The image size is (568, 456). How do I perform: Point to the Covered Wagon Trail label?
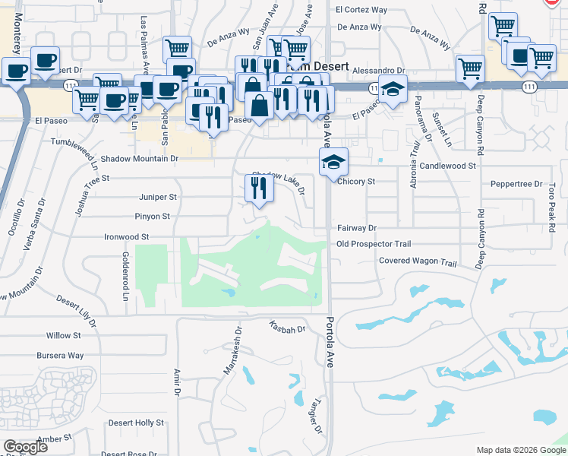418,263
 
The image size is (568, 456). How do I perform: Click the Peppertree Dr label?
516,184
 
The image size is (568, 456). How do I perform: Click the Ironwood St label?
126,237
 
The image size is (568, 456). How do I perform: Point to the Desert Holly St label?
136,423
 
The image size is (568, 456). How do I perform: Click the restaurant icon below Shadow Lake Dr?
259,187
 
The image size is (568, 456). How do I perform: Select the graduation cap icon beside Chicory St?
333,162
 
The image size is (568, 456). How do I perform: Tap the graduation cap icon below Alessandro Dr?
393,90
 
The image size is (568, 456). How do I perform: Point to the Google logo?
26,447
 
